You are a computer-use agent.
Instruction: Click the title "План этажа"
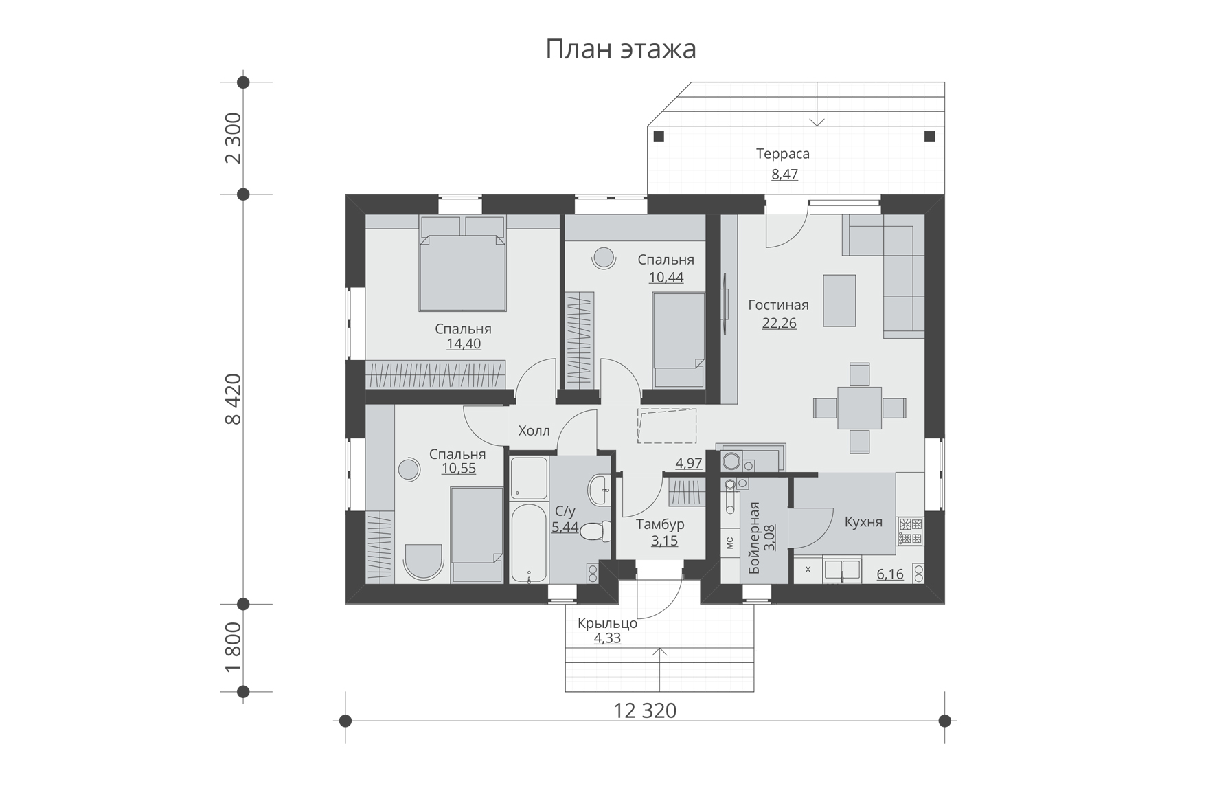click(621, 49)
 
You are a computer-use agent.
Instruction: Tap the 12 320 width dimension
click(645, 710)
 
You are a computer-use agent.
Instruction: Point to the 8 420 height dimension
click(234, 399)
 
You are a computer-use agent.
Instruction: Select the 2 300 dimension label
click(234, 137)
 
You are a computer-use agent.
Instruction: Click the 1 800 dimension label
click(234, 648)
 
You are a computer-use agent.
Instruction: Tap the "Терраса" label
click(783, 154)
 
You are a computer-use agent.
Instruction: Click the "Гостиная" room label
click(778, 305)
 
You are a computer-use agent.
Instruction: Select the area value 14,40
click(464, 344)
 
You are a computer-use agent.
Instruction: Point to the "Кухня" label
click(863, 522)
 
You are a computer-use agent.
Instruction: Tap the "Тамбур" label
click(660, 525)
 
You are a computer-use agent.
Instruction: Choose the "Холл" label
click(534, 431)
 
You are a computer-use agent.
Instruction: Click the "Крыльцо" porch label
click(607, 624)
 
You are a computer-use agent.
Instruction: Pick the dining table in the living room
click(859, 408)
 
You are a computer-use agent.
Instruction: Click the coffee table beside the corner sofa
click(839, 300)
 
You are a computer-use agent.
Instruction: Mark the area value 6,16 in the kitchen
click(890, 574)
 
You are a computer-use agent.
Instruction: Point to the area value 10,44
click(666, 278)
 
